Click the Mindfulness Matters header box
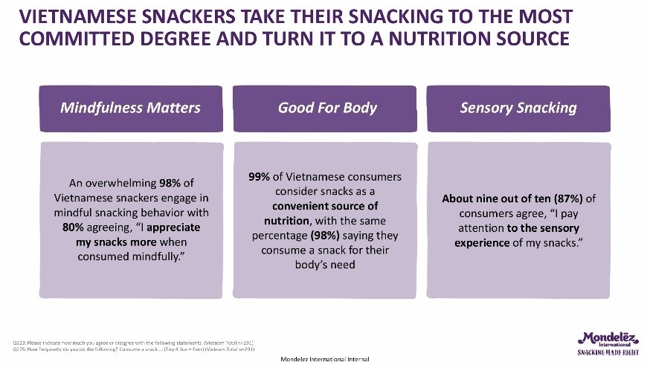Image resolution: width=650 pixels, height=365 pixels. (130, 108)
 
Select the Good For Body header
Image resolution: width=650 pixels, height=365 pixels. (327, 108)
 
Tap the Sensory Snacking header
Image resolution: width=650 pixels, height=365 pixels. (518, 108)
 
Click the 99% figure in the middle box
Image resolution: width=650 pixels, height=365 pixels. (261, 177)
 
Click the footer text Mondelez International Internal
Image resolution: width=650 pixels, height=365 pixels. (324, 359)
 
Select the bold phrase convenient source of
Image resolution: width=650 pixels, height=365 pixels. (324, 206)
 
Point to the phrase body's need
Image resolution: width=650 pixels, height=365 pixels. (324, 265)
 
